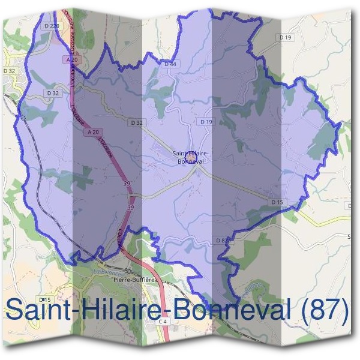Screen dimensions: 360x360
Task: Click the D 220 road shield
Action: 52,26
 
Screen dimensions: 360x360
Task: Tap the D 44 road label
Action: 170,63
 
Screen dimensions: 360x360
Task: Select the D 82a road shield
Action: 223,240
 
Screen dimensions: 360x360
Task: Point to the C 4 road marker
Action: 163,322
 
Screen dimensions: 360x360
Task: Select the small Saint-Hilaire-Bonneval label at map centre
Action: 191,157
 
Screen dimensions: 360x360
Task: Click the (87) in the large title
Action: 326,311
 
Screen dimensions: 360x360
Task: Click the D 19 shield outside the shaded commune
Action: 286,37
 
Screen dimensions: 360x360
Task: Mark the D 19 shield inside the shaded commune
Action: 206,122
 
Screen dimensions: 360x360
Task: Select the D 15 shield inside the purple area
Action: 276,202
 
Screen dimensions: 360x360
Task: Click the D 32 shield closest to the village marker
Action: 137,122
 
